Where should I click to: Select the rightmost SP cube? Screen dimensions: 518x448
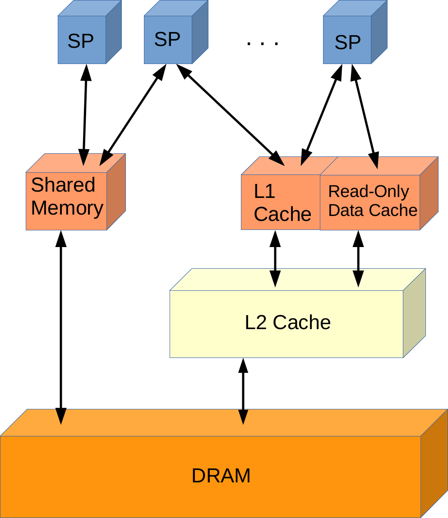(347, 41)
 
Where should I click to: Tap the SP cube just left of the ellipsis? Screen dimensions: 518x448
(168, 39)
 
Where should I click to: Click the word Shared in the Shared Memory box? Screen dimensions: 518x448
(63, 185)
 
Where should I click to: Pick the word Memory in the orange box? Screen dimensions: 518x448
(67, 208)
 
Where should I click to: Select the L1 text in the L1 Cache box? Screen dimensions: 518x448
(264, 192)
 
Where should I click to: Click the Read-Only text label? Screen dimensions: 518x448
(368, 192)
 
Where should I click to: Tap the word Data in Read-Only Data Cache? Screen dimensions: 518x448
(342, 210)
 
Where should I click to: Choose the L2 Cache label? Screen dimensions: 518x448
(287, 323)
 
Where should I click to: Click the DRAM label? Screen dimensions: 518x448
(221, 476)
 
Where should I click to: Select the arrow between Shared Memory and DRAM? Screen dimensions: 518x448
(61, 327)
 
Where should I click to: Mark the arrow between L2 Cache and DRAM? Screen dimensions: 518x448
(243, 391)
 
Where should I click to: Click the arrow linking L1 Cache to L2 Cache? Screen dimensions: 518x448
(275, 258)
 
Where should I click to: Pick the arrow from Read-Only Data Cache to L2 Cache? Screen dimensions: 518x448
(359, 258)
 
